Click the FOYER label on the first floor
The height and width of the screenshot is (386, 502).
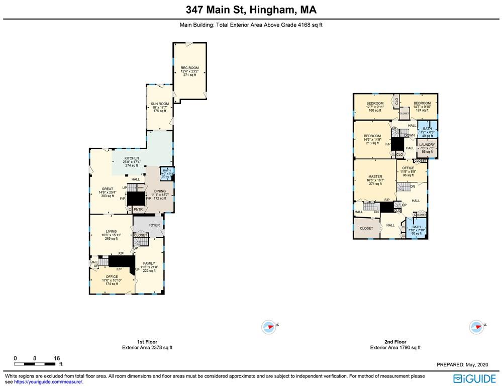point(154,225)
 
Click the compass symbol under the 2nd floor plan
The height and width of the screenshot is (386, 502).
point(475,327)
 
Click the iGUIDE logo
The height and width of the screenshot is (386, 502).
point(475,378)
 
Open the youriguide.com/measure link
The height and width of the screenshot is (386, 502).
point(48,382)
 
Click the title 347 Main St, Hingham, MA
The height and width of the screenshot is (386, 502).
point(251,10)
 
